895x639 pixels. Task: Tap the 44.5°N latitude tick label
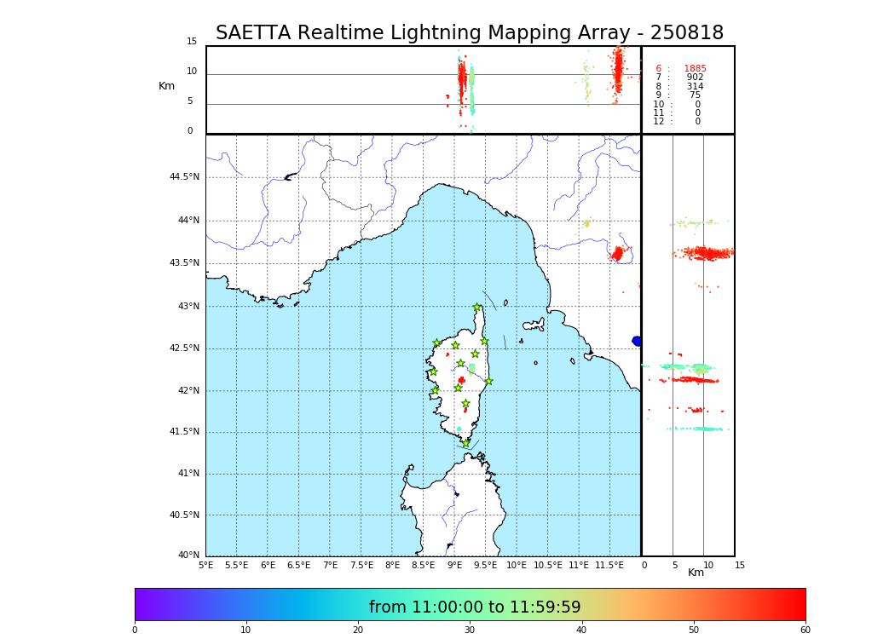[x=184, y=177]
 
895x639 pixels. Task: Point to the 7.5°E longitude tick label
[x=361, y=565]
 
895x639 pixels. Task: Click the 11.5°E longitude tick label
[x=609, y=565]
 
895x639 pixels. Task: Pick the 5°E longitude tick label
[x=205, y=565]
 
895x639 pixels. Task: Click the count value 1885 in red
[x=695, y=69]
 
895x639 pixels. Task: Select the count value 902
[x=695, y=78]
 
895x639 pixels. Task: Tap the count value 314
[x=695, y=87]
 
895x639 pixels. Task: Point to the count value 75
[x=695, y=95]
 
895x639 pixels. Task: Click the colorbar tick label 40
[x=581, y=630]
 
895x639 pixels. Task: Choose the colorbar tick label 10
[x=245, y=630]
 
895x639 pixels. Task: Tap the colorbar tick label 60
[x=805, y=630]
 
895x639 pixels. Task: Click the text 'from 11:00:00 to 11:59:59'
[x=475, y=607]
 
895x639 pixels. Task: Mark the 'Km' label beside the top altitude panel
[x=167, y=86]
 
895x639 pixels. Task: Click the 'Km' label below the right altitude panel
[x=696, y=573]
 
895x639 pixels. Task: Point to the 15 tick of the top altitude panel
[x=192, y=42]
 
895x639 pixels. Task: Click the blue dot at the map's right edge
[x=637, y=341]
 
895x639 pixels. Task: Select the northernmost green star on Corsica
[x=477, y=308]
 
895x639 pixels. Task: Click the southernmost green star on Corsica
[x=465, y=443]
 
